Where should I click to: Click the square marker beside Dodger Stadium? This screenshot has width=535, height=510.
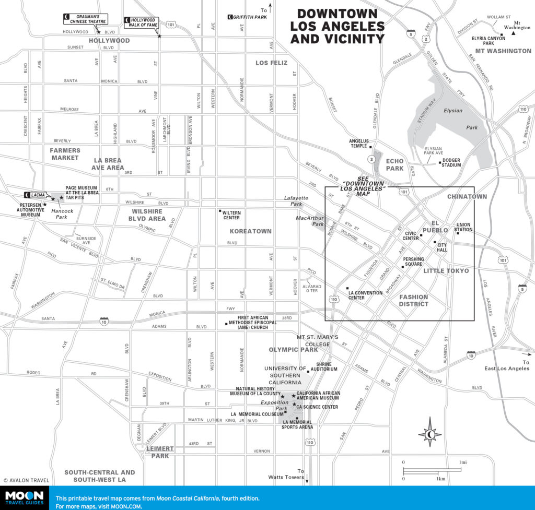440,163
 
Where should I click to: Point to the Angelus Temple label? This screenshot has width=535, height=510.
359,143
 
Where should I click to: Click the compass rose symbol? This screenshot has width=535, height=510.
429,432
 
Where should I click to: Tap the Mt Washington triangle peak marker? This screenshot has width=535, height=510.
514,33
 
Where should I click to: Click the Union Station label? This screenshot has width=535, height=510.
463,227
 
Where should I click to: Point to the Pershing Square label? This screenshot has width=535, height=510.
412,261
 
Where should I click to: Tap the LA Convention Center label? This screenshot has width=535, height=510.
365,295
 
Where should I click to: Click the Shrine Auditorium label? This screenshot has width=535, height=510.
324,366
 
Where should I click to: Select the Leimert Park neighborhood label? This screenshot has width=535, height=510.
157,452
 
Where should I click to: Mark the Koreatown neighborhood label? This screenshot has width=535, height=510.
251,231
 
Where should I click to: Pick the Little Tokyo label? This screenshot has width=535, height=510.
446,271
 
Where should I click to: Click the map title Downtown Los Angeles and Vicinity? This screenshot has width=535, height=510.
337,26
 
